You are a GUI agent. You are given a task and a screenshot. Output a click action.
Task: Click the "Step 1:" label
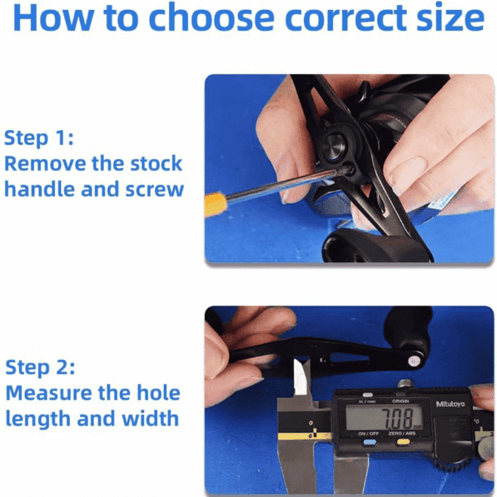pos(39,137)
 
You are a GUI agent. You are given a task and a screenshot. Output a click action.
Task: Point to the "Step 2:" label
pos(40,368)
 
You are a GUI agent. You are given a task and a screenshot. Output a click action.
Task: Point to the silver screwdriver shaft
pos(277,187)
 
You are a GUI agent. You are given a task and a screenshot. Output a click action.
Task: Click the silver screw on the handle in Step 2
pos(412,361)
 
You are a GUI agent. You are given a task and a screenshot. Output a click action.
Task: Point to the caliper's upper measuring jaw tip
pos(302,373)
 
